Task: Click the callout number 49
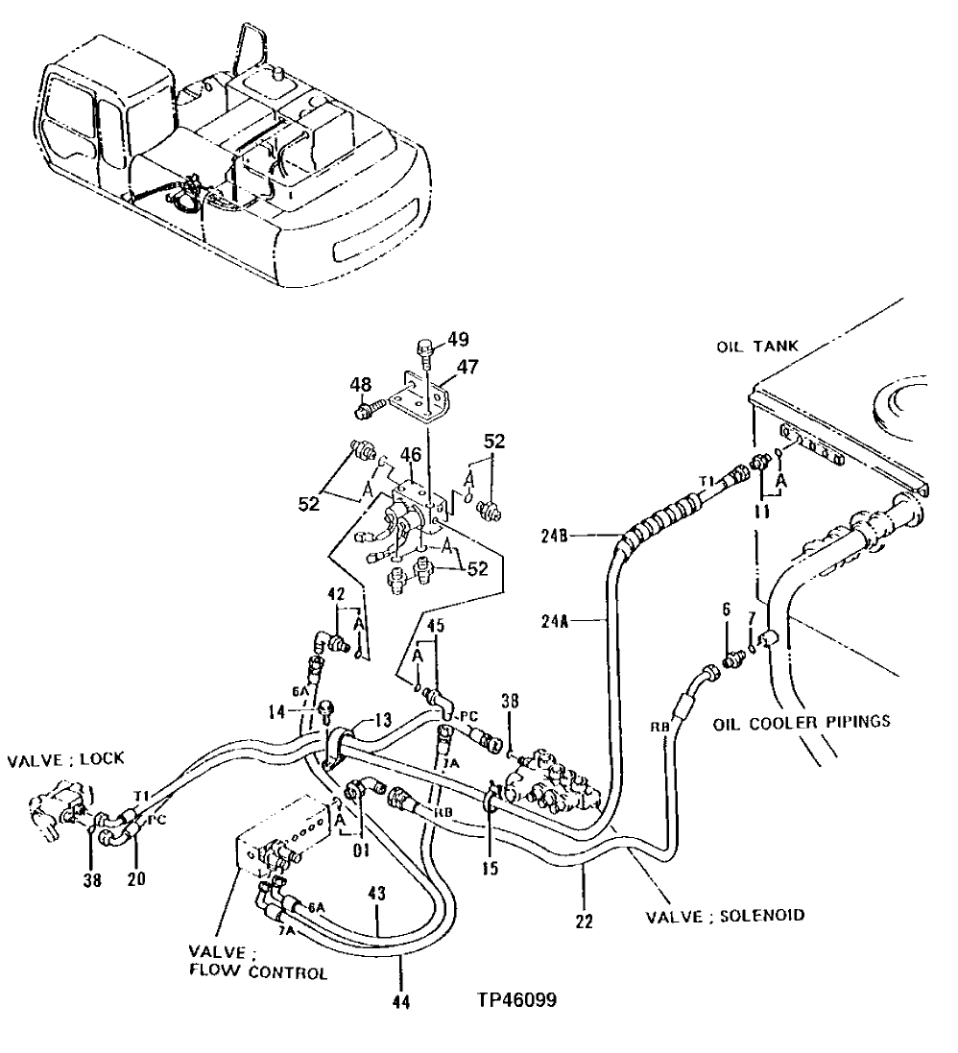click(458, 339)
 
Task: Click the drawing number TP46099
click(516, 999)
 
